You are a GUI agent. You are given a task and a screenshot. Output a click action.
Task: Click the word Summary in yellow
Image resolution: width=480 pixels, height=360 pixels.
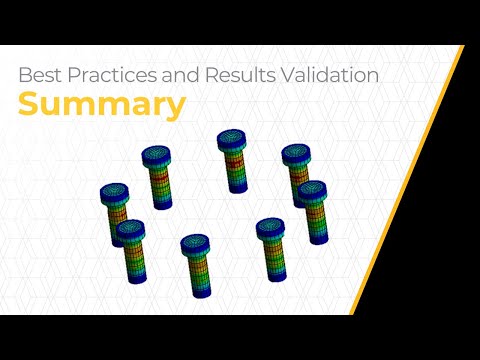pos(101,105)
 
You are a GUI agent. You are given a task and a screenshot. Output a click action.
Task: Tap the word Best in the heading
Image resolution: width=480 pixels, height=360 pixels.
pos(40,74)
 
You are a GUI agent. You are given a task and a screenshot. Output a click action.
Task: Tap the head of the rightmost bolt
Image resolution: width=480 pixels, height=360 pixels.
pos(312,189)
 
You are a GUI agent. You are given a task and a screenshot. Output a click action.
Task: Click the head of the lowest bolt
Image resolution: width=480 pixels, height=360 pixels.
pos(194,243)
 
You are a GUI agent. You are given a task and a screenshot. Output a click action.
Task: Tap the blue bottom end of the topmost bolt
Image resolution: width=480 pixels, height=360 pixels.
pos(236,188)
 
